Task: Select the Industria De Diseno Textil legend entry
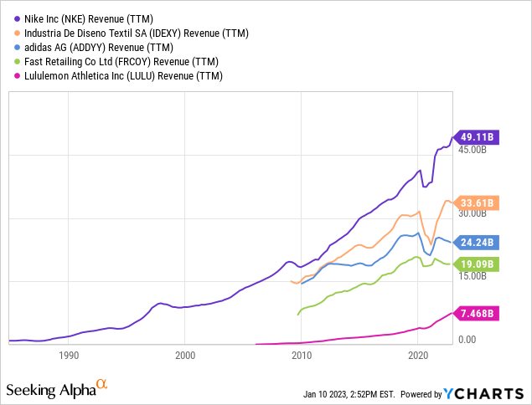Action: pos(139,33)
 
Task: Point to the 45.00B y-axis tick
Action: pos(472,151)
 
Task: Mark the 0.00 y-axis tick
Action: pos(466,340)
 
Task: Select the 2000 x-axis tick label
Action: pos(185,355)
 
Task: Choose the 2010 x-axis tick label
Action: pos(302,355)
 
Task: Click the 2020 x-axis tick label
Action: pos(418,355)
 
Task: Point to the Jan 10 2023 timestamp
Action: pos(343,394)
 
